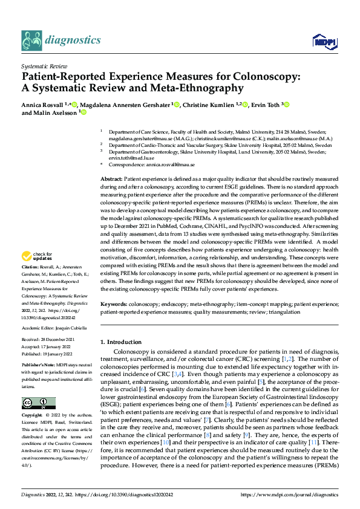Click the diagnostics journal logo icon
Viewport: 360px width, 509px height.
(31, 40)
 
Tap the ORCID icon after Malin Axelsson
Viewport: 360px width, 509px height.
(84, 112)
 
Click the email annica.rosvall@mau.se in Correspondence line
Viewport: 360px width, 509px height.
(171, 164)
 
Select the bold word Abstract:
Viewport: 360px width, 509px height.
(111, 180)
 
